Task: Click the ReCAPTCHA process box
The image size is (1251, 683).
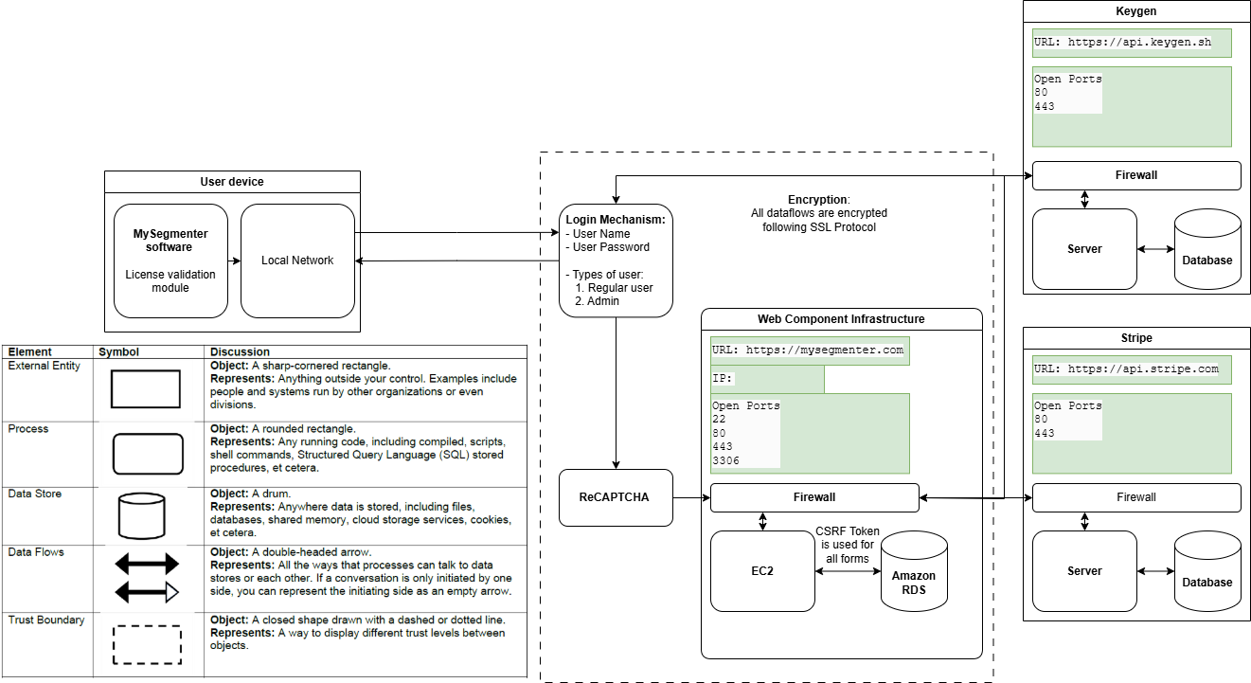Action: [616, 497]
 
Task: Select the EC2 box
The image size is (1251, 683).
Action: [762, 571]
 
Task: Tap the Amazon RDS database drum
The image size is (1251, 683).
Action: [914, 576]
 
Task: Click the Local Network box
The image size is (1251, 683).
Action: [297, 261]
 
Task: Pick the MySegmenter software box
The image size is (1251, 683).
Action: [170, 261]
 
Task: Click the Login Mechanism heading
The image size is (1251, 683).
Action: [616, 220]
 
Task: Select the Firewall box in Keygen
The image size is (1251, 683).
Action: [1135, 175]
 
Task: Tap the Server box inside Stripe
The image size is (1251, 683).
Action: [1083, 571]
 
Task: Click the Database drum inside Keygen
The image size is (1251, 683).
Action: [1207, 252]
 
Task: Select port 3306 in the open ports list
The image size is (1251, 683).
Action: [725, 460]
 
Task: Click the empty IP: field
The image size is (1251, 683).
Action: [767, 379]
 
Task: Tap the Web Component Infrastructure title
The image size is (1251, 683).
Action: [841, 319]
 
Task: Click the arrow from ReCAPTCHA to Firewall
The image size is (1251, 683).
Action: [691, 497]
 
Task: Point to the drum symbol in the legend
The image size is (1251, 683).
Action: [141, 515]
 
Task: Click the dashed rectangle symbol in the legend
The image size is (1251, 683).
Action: [147, 644]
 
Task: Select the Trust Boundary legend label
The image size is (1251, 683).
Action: [45, 620]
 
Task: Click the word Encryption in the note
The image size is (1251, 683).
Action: [817, 200]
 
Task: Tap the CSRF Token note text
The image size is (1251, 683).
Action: [847, 545]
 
